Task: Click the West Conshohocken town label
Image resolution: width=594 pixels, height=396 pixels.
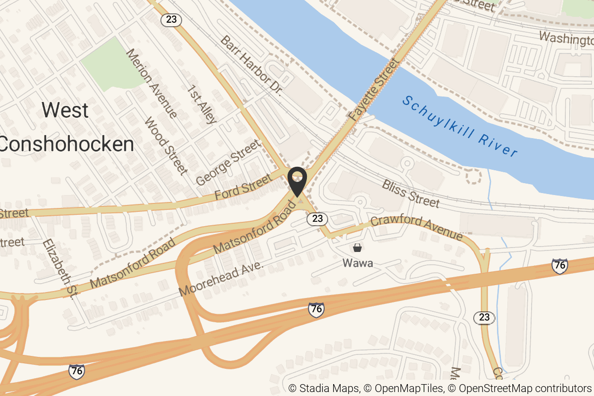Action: [66, 127]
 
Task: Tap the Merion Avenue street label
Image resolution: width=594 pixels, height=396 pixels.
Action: [151, 84]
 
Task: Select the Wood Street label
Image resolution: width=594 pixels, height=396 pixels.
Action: [166, 146]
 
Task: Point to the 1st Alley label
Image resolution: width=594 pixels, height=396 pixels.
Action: [202, 104]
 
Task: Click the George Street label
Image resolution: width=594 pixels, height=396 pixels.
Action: [228, 163]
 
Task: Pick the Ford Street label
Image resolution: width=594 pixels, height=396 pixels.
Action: [243, 187]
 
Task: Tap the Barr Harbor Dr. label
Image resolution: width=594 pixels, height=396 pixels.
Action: [251, 65]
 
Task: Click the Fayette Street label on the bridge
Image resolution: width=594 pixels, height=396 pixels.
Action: [373, 90]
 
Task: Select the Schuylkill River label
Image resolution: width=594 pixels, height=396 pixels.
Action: [460, 126]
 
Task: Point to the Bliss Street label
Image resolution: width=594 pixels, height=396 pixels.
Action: [410, 194]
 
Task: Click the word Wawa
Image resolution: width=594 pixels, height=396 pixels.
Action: [357, 263]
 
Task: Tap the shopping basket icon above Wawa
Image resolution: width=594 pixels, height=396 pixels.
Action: [357, 247]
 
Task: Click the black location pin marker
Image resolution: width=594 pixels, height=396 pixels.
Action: [297, 181]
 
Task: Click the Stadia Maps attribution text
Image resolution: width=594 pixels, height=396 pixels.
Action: [324, 388]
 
